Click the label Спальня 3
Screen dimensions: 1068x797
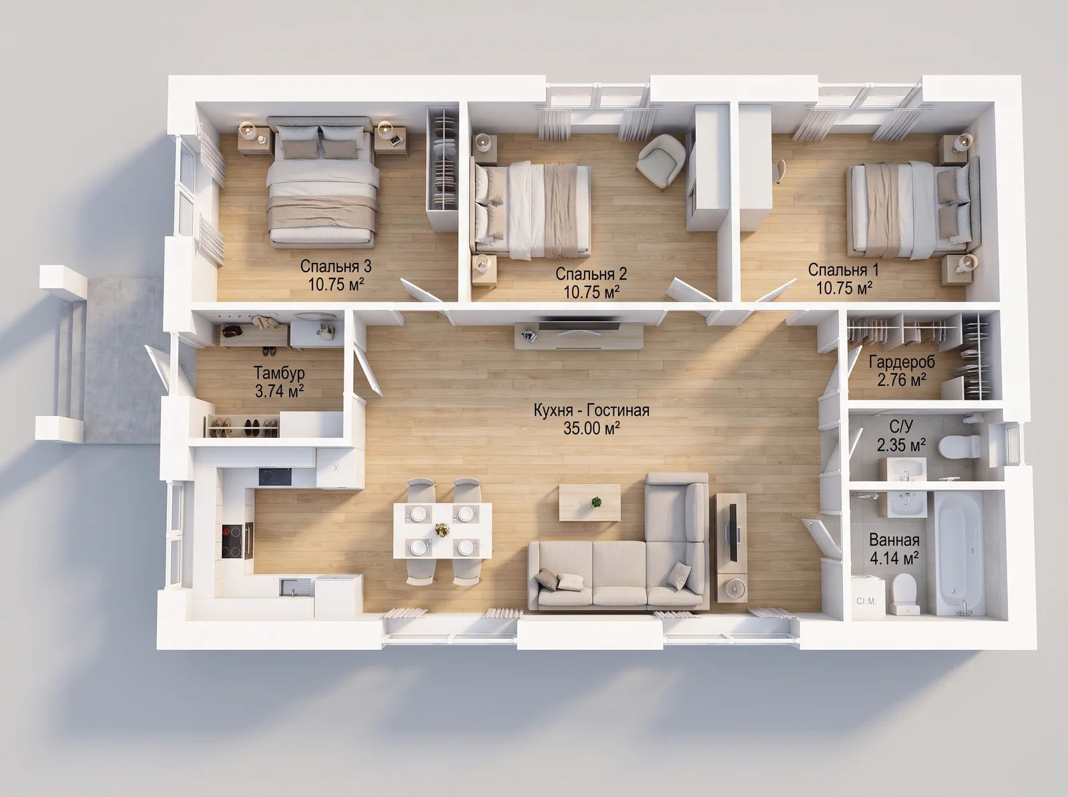coord(336,266)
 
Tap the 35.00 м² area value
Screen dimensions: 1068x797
coord(591,429)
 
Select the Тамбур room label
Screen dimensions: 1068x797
coord(279,372)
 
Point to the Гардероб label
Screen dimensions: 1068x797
coord(902,362)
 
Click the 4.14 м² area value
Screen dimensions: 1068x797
coord(894,558)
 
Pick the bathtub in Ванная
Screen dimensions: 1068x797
coord(956,555)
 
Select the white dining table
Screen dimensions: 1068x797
coord(443,531)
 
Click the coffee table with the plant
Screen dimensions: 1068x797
coord(589,502)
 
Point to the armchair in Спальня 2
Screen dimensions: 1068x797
coord(661,160)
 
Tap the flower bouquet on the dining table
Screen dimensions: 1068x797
coord(442,530)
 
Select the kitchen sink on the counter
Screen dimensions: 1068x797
coord(296,586)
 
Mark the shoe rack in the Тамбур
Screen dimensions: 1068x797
coord(242,427)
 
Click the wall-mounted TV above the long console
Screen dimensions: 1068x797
coord(579,324)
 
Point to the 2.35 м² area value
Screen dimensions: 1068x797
coord(901,445)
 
